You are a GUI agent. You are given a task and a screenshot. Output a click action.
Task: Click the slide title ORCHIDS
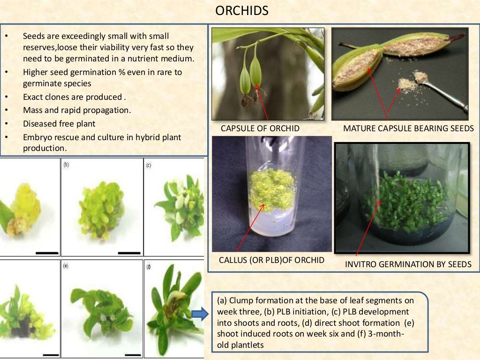(x=241, y=11)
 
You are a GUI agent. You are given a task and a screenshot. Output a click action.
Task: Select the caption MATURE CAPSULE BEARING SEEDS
(x=408, y=128)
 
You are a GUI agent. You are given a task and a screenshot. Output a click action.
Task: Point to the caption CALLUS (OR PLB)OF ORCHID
(x=271, y=260)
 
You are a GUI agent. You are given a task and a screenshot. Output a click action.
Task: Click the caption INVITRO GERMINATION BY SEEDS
(x=408, y=264)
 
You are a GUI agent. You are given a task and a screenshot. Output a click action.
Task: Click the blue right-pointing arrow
(x=200, y=315)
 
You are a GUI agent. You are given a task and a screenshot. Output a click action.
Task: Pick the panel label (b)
(x=66, y=165)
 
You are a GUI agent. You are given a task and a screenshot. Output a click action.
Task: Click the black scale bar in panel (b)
(x=129, y=253)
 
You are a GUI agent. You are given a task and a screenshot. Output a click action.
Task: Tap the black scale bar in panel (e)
(x=133, y=355)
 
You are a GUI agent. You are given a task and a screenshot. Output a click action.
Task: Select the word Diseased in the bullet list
(x=40, y=124)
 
